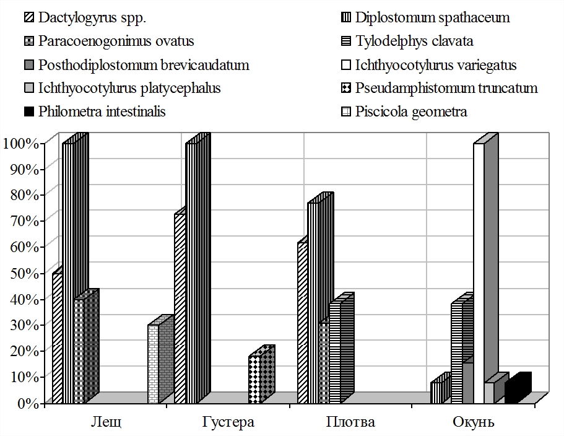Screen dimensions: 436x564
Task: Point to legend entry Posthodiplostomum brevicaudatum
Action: [x=143, y=65]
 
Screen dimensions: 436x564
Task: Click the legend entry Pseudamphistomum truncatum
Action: [x=446, y=88]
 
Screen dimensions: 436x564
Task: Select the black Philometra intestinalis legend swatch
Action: [x=28, y=112]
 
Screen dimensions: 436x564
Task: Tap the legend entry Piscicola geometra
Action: [x=411, y=112]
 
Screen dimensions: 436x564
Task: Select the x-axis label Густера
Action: [x=228, y=423]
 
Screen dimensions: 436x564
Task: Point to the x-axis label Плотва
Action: [x=350, y=423]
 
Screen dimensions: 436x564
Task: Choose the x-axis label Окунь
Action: [x=474, y=423]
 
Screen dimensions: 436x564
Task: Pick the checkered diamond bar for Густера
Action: [x=254, y=379]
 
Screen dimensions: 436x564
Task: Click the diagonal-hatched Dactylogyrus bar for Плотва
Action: [x=302, y=322]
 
